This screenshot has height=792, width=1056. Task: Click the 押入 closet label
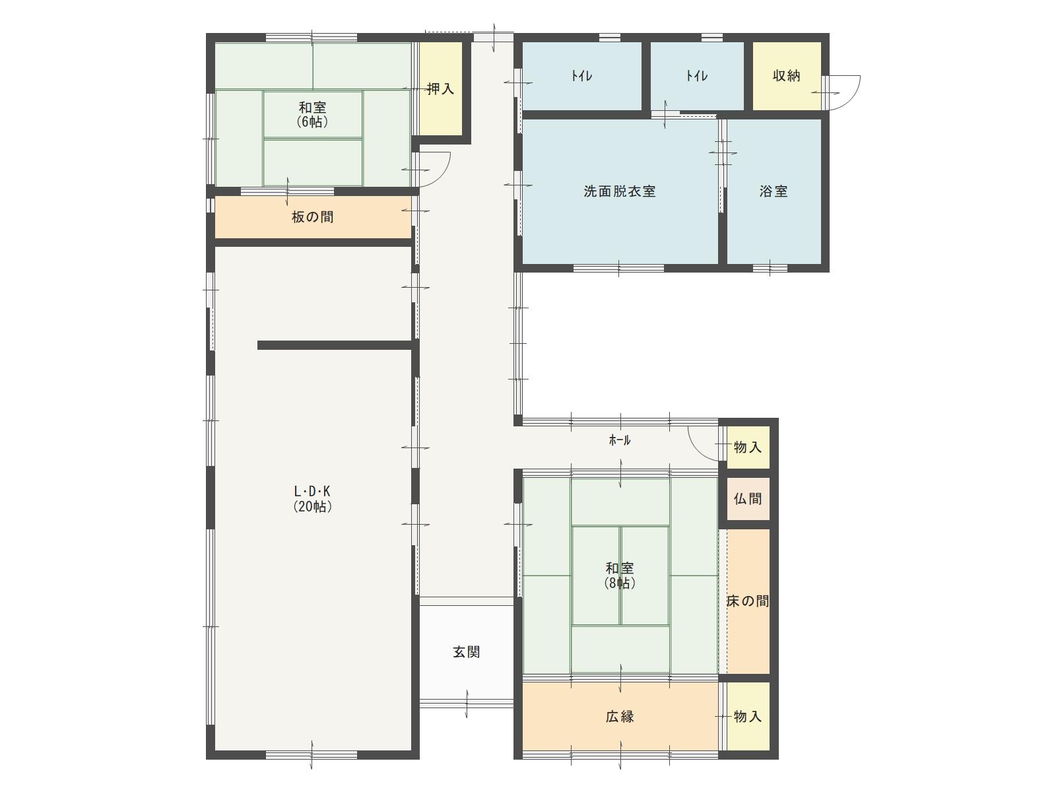pyautogui.click(x=440, y=88)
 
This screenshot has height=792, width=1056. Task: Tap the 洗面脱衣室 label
pyautogui.click(x=620, y=191)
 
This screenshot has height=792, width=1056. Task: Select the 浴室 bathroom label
pyautogui.click(x=774, y=191)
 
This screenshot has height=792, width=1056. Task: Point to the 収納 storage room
pyautogui.click(x=787, y=76)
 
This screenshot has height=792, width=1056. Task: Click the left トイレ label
pyautogui.click(x=581, y=76)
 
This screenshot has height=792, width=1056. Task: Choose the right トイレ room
pyautogui.click(x=697, y=76)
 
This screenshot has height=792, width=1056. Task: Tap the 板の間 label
pyautogui.click(x=313, y=217)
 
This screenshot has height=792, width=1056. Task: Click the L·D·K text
pyautogui.click(x=312, y=491)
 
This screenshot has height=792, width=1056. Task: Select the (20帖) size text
pyautogui.click(x=313, y=506)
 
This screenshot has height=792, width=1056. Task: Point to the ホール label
pyautogui.click(x=620, y=440)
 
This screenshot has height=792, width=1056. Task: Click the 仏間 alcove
pyautogui.click(x=748, y=499)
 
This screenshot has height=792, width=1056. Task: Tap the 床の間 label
pyautogui.click(x=748, y=601)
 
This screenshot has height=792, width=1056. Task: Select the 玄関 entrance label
pyautogui.click(x=467, y=652)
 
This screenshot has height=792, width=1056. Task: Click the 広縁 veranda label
pyautogui.click(x=620, y=717)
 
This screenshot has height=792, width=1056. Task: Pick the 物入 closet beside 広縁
pyautogui.click(x=748, y=717)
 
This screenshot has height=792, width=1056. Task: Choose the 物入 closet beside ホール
pyautogui.click(x=748, y=447)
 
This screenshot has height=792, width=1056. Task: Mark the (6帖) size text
pyautogui.click(x=313, y=121)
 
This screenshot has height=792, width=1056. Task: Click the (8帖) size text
pyautogui.click(x=620, y=583)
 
